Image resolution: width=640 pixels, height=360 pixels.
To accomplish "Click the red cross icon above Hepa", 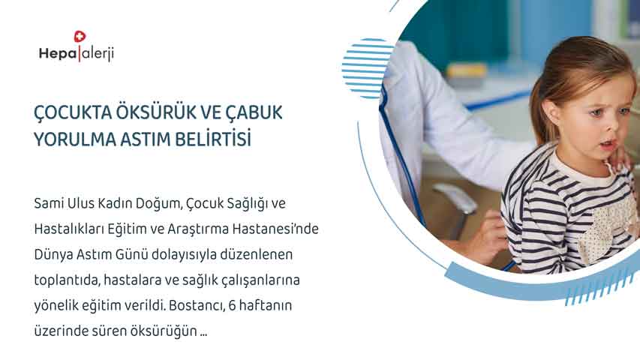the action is (x=80, y=36).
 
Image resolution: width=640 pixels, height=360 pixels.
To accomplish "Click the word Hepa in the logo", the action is (x=58, y=53).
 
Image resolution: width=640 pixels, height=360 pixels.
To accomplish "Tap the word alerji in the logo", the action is (x=97, y=54).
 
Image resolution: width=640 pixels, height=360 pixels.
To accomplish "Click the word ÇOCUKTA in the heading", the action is (x=72, y=113).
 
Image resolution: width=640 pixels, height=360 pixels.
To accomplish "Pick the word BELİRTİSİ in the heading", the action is (x=213, y=139).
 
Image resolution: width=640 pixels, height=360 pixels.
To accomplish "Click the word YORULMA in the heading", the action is (x=75, y=139).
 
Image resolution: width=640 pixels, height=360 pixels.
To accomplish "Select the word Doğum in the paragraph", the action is (x=160, y=204).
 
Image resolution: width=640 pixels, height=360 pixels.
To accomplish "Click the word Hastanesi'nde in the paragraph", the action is (x=275, y=229).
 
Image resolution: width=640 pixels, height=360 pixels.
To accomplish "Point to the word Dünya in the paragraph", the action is (x=50, y=255).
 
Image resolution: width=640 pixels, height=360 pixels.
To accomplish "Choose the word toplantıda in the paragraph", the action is (x=67, y=280).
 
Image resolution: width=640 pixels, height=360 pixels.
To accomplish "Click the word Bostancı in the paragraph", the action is (x=197, y=305).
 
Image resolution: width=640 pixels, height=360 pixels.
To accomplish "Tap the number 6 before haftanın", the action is (x=232, y=305).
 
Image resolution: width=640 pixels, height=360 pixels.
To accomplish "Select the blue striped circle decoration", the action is (x=368, y=68).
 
